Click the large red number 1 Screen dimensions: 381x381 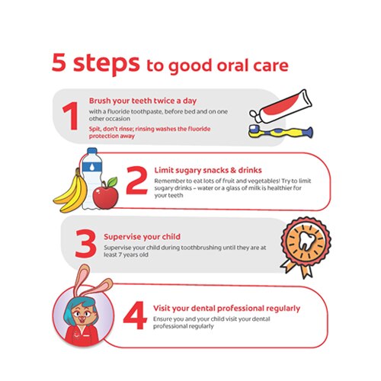[71, 116]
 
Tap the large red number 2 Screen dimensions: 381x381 [136, 180]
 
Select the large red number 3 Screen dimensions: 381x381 [86, 244]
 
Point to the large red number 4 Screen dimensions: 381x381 [135, 315]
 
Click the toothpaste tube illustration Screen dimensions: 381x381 [280, 107]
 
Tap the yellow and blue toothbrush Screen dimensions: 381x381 [280, 132]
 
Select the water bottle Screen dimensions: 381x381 [92, 178]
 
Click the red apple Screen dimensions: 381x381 [105, 197]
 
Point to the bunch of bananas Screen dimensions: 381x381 [71, 192]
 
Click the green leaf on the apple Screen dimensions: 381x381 [112, 182]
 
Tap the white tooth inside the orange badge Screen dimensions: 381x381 [306, 241]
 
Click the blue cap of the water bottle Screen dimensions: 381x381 [92, 151]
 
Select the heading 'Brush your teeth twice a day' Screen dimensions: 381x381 [142, 101]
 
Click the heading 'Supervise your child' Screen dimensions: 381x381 [142, 237]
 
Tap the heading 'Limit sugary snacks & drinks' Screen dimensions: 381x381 [208, 171]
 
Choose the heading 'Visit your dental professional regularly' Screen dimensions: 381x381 [226, 309]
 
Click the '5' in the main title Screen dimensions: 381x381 [59, 62]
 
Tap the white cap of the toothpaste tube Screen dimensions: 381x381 [254, 114]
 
